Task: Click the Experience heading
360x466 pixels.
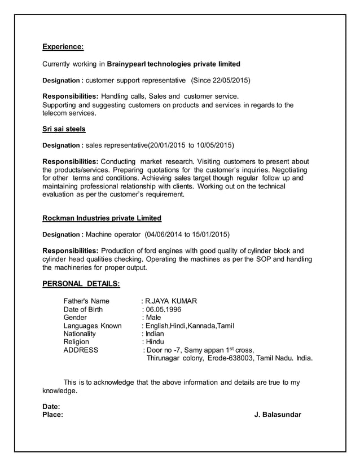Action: [63, 47]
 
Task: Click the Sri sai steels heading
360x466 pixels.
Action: [64, 129]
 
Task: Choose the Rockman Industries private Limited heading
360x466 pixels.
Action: [102, 218]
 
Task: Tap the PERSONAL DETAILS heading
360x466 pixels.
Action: [81, 283]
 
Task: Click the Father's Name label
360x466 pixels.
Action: [86, 301]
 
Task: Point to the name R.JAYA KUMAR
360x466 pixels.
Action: [172, 301]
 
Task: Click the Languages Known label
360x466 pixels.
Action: [93, 326]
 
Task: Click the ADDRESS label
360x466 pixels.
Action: [81, 350]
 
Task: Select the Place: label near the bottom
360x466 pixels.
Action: [54, 415]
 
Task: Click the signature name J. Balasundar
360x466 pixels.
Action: [278, 415]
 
